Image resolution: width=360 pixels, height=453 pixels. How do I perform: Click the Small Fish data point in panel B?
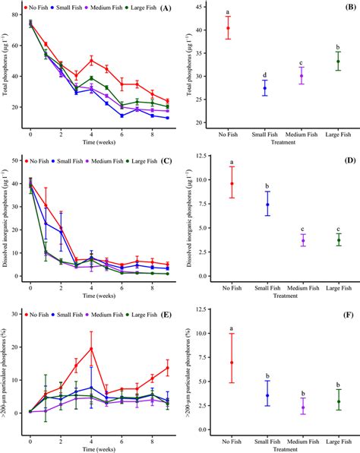pyautogui.click(x=264, y=88)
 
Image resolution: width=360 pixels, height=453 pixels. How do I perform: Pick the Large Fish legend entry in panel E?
pyautogui.click(x=149, y=312)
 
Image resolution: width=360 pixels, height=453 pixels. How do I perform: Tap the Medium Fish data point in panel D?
pyautogui.click(x=302, y=240)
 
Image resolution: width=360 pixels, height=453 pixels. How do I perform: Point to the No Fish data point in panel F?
pyautogui.click(x=229, y=363)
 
